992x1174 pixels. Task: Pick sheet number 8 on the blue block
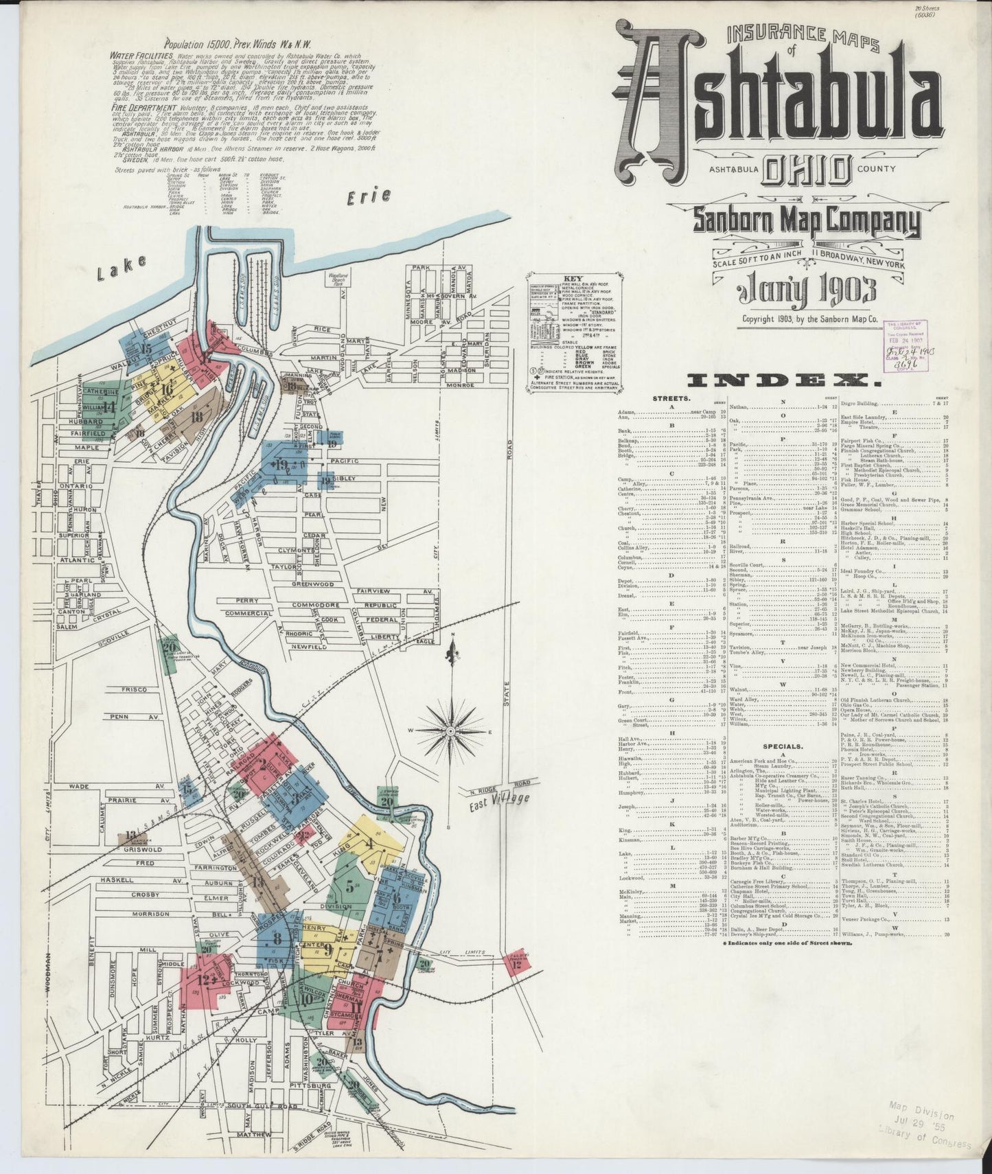click(277, 940)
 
